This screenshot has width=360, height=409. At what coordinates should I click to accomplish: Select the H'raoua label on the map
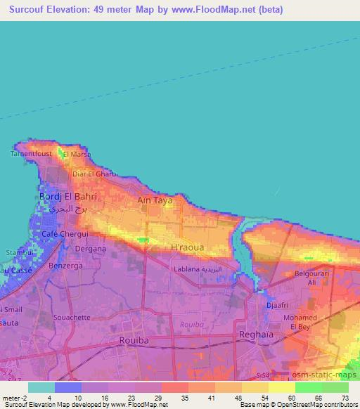tap(187, 248)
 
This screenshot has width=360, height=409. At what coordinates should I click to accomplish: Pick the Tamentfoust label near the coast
tap(30, 152)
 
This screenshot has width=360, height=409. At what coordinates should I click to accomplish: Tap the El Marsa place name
tap(77, 154)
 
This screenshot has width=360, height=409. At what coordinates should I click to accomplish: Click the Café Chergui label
tap(64, 234)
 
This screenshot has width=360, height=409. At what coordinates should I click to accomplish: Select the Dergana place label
tap(91, 249)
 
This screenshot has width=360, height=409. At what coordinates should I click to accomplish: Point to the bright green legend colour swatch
tap(308, 387)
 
